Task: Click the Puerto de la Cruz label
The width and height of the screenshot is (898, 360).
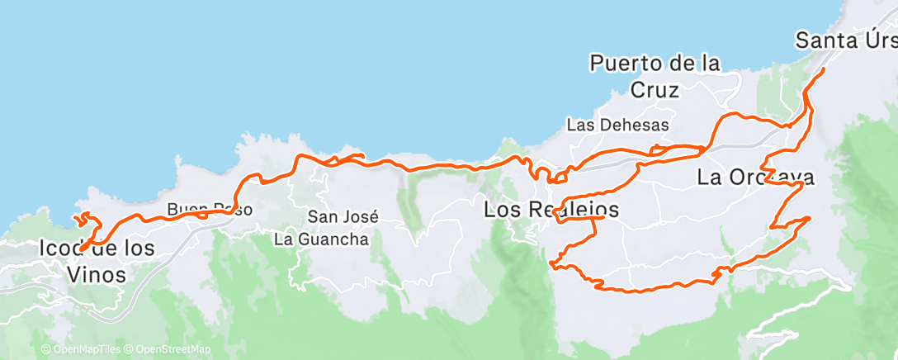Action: [x=655, y=75]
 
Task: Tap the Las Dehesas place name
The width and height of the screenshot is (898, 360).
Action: [x=617, y=125]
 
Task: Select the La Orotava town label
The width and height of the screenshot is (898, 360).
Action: [x=756, y=177]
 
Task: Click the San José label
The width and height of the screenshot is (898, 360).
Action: [x=343, y=217]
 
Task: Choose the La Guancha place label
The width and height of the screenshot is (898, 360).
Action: [x=321, y=239]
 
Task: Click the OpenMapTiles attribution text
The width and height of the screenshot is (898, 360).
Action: [x=81, y=350]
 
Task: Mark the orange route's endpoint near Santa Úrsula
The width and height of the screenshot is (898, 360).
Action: [x=823, y=70]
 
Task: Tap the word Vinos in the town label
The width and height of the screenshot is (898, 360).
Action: [x=97, y=274]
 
